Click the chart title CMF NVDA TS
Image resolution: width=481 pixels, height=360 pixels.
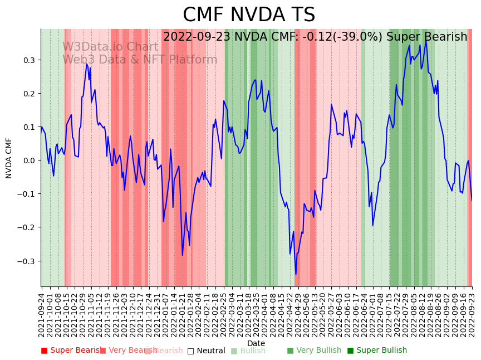249,15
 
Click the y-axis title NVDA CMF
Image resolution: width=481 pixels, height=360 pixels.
9,158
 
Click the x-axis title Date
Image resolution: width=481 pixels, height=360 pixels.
256,343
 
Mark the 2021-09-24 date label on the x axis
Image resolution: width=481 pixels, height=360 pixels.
42,315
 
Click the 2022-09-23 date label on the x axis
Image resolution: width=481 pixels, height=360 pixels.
472,315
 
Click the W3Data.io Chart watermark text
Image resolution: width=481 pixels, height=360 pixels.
110,47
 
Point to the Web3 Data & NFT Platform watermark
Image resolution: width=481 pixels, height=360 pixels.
140,60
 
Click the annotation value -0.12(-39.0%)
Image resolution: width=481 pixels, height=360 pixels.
331,37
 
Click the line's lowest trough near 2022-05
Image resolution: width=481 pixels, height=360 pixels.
296,274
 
